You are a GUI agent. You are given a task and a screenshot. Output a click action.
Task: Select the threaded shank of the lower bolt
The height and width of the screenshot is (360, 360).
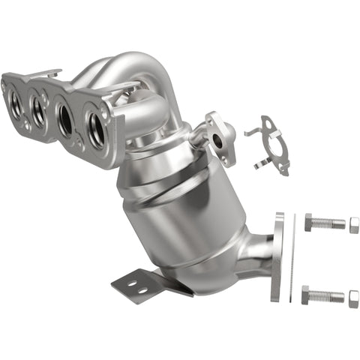[329, 295]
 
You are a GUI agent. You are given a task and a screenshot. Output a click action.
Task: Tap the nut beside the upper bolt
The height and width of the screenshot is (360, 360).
[354, 225]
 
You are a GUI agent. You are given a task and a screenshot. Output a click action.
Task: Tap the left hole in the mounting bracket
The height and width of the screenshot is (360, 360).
[125, 283]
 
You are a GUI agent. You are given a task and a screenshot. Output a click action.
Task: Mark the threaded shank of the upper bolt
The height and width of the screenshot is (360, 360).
[331, 223]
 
